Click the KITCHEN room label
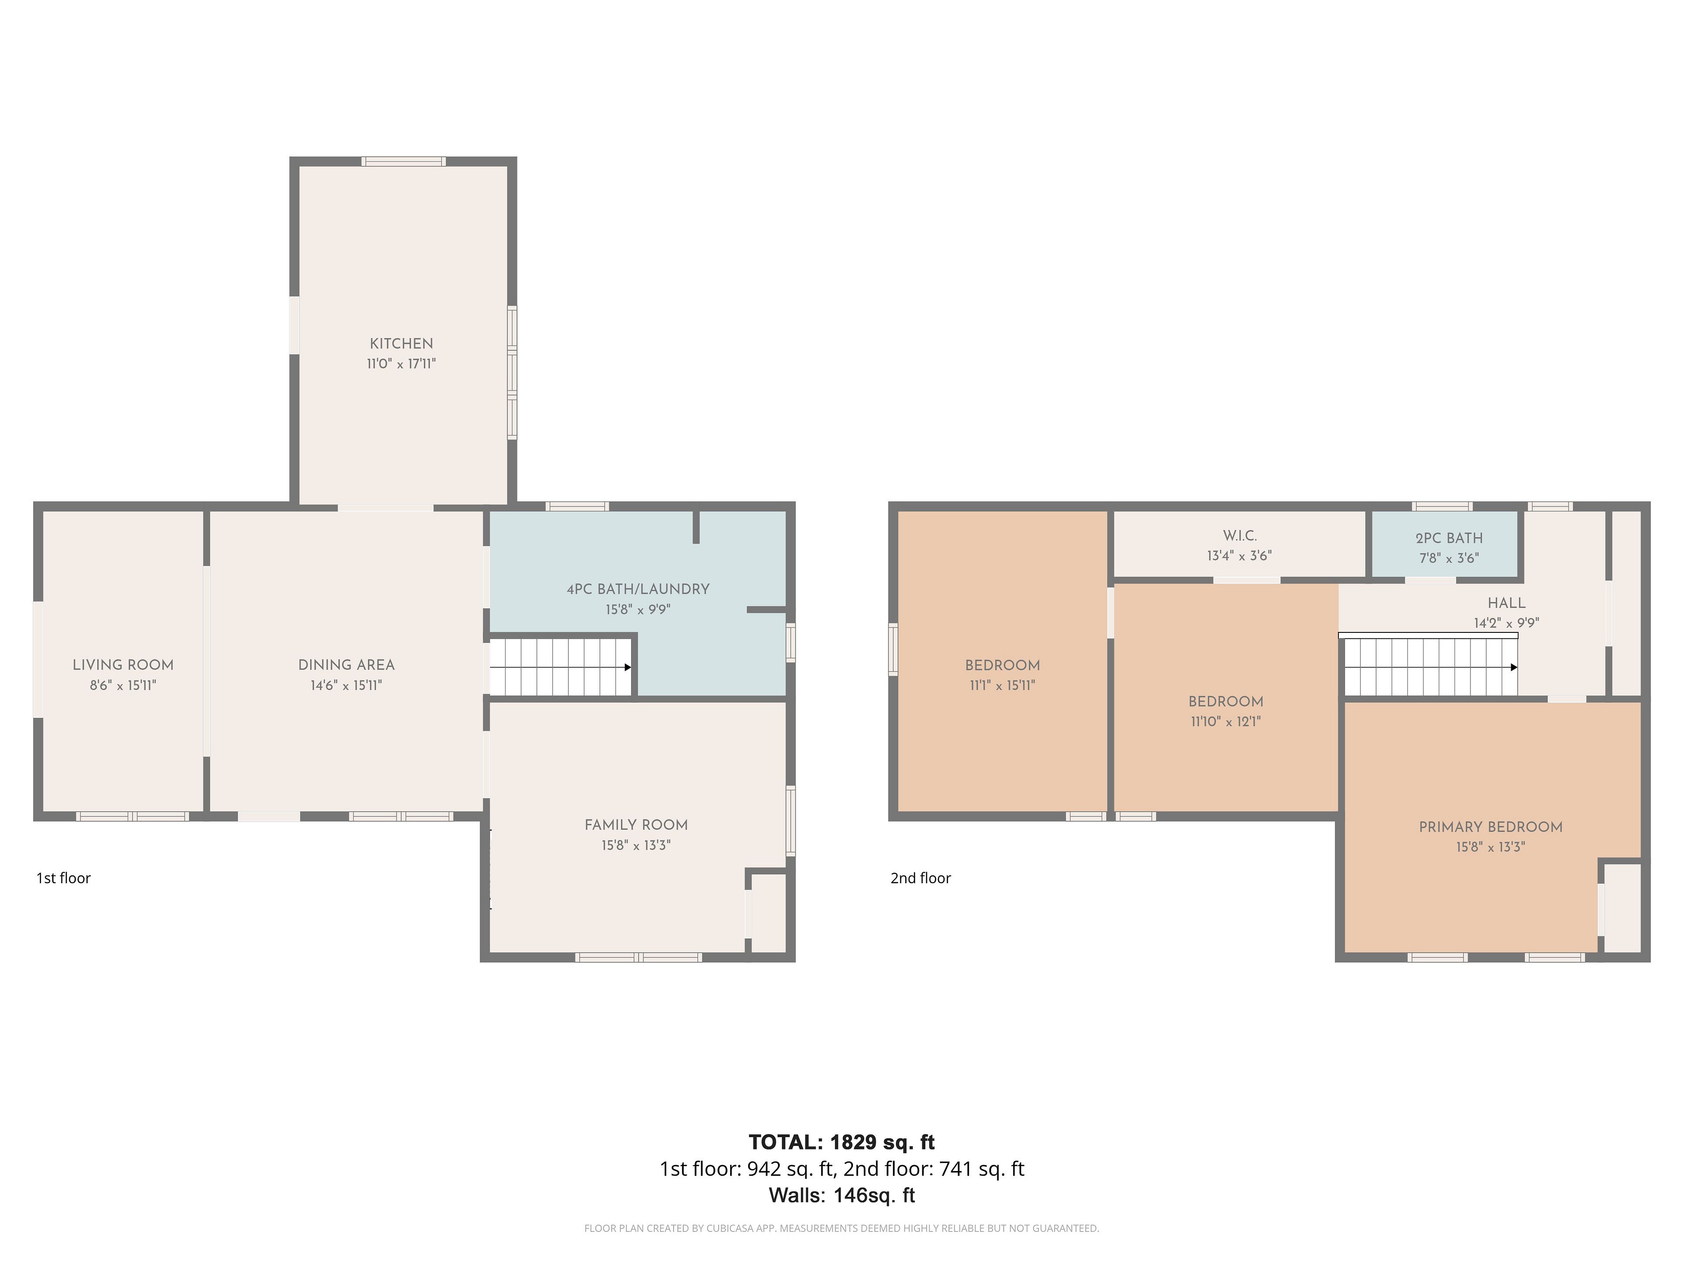click(401, 343)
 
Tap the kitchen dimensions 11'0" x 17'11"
click(401, 364)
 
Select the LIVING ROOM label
click(123, 665)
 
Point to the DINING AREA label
click(346, 665)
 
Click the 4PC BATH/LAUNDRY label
click(638, 589)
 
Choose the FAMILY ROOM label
click(636, 824)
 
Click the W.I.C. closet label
click(1239, 535)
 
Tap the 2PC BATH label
click(1449, 538)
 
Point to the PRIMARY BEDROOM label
click(1491, 827)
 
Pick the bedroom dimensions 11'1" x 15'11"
click(1003, 685)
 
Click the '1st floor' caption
click(63, 878)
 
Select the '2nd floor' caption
click(920, 878)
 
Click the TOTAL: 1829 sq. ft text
click(841, 1142)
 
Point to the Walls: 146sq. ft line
click(841, 1195)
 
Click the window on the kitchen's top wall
click(403, 161)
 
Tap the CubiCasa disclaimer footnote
click(841, 1228)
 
